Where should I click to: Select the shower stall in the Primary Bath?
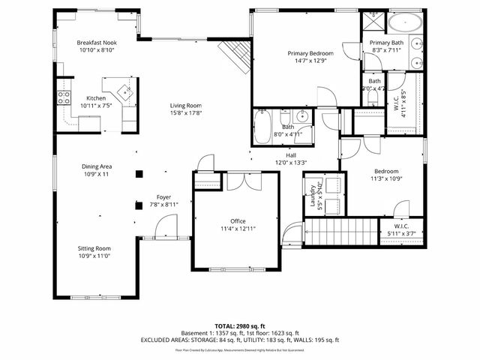373,21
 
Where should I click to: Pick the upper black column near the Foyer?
139,174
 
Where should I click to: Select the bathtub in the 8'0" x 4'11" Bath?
262,122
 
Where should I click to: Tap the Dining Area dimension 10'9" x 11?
96,173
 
